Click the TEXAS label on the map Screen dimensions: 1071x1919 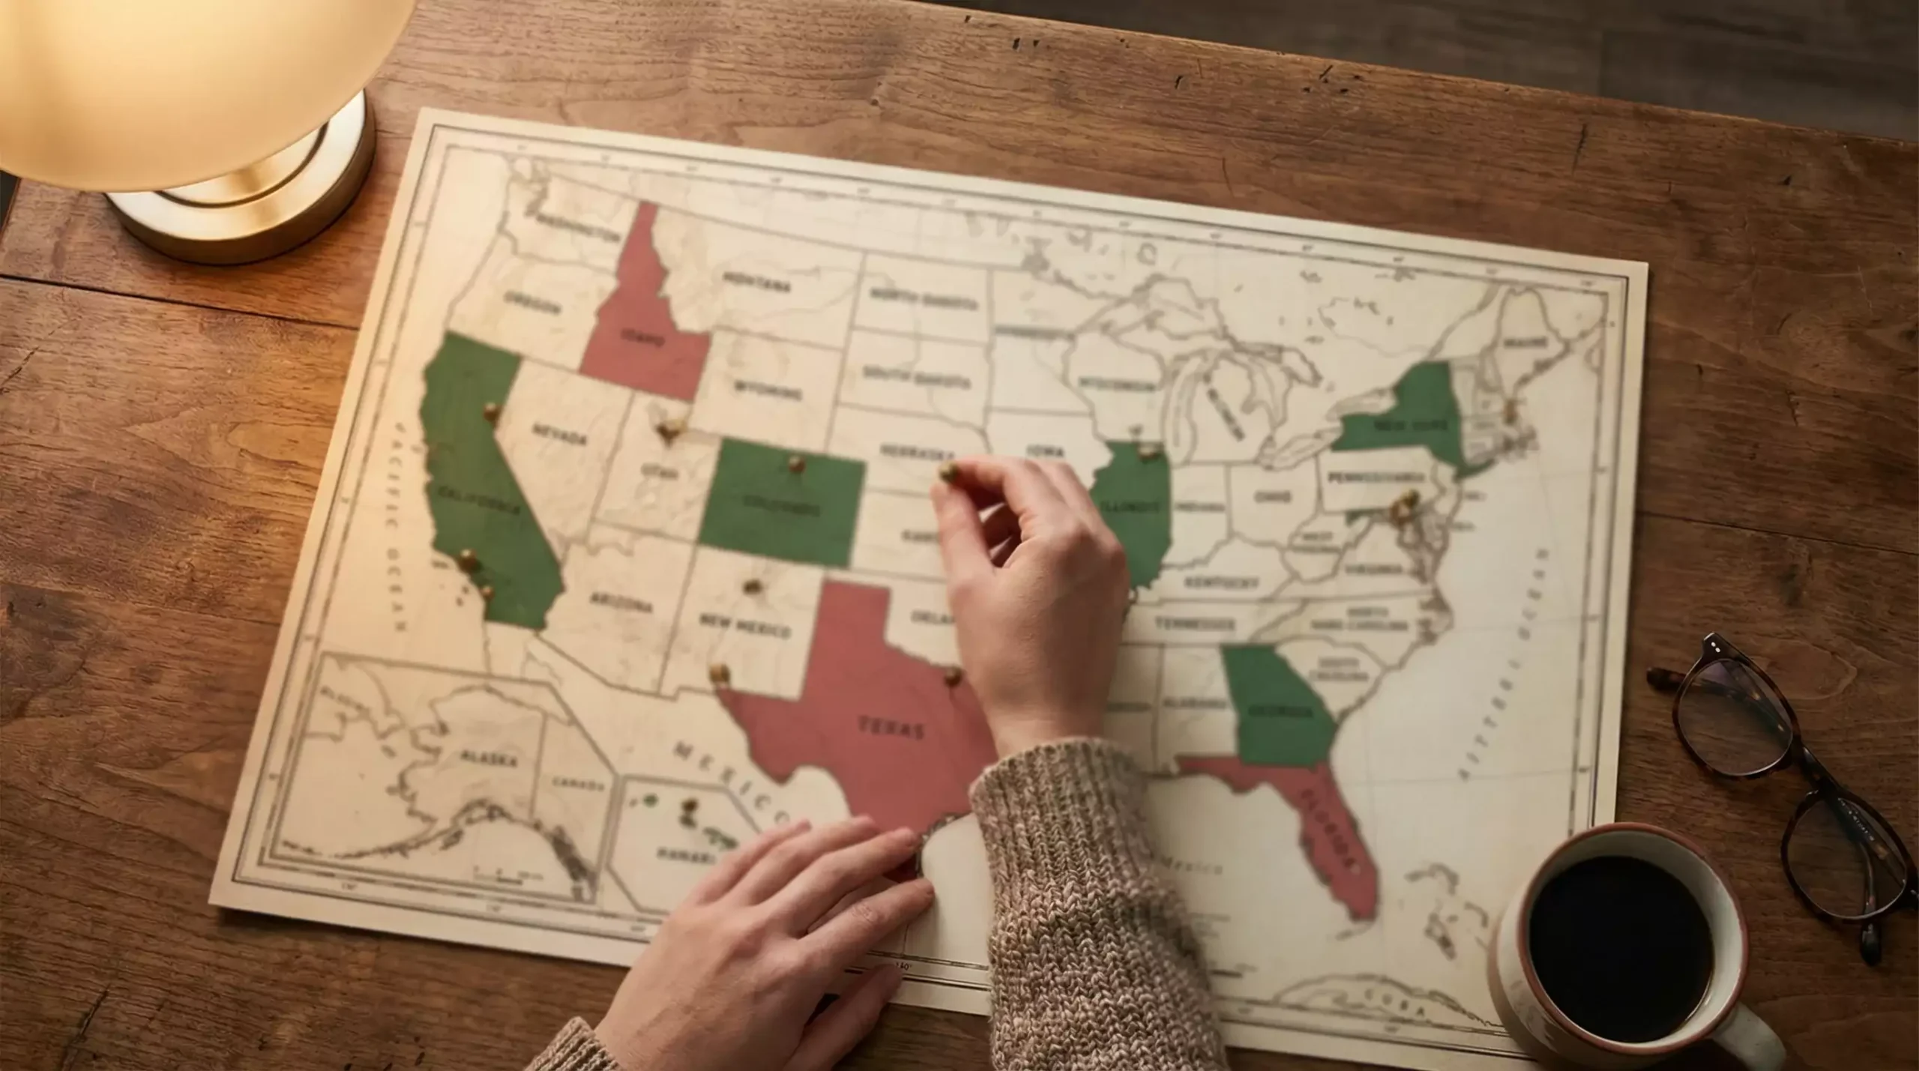[x=891, y=727]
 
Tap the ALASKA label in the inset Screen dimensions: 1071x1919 [x=489, y=758]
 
